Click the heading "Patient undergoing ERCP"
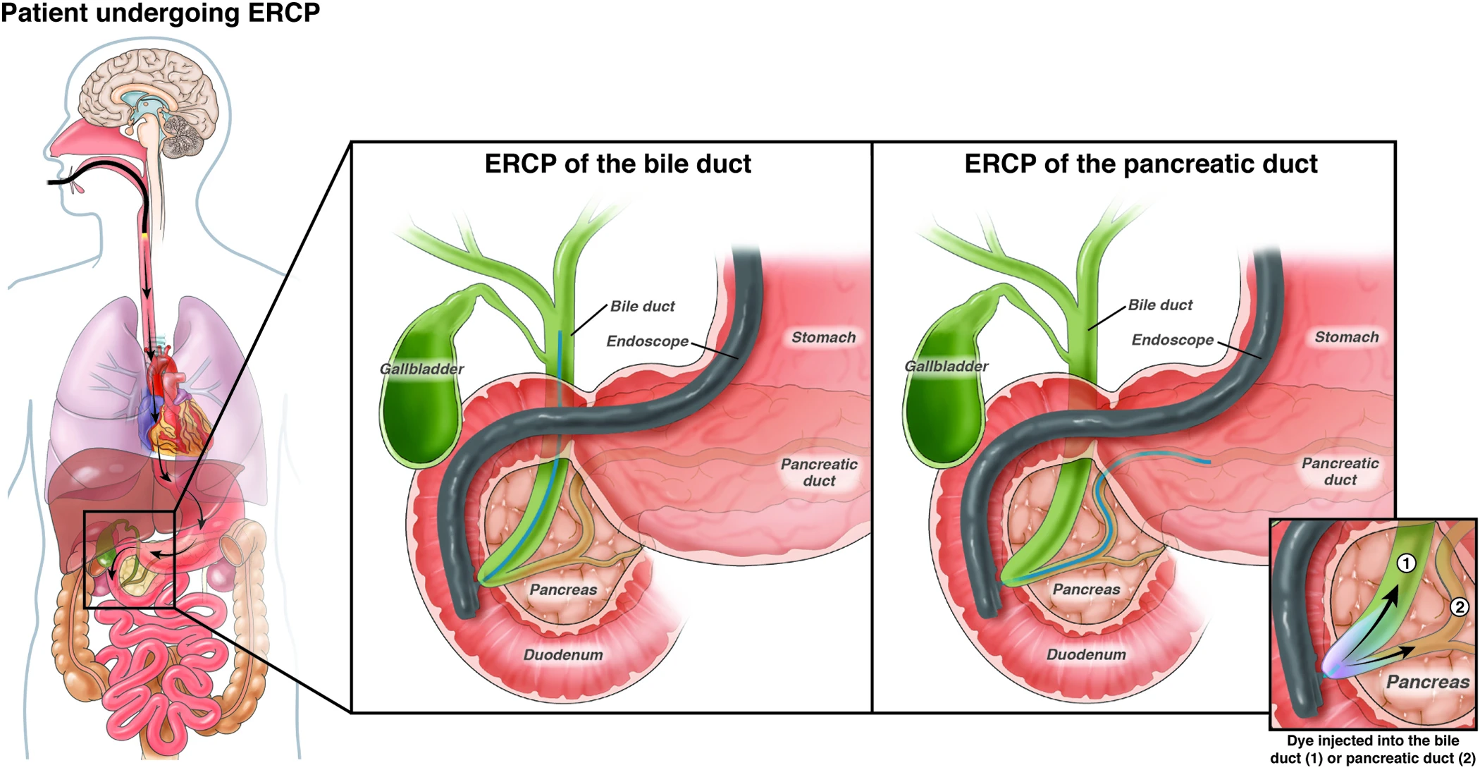click(x=161, y=13)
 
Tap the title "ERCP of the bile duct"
click(x=617, y=164)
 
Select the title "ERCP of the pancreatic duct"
click(x=1140, y=164)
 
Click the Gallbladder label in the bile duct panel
click(x=421, y=369)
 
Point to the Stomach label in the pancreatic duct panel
click(x=1346, y=337)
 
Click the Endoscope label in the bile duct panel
click(x=647, y=341)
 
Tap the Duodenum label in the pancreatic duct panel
click(x=1086, y=654)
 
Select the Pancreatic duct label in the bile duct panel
click(x=819, y=472)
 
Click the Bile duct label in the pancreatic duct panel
click(x=1160, y=305)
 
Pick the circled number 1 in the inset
click(x=1406, y=563)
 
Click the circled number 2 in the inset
click(x=1459, y=607)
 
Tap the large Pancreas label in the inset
click(x=1427, y=682)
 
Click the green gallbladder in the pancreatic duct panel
click(x=941, y=409)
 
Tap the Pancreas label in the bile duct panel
click(x=563, y=589)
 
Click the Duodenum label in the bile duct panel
click(x=563, y=654)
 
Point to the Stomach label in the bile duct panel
click(x=823, y=337)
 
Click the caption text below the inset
click(x=1372, y=750)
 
